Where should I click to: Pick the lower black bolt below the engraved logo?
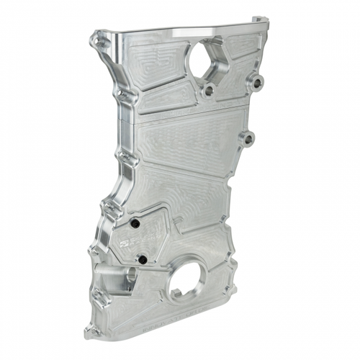click(143, 258)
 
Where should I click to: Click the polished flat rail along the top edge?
click(187, 31)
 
